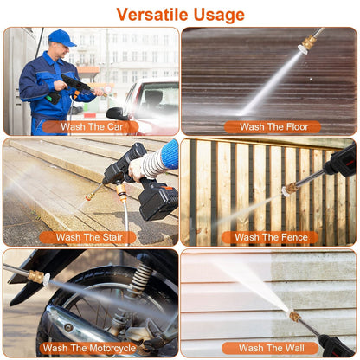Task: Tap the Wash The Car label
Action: coord(90,126)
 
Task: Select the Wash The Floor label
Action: coord(272,126)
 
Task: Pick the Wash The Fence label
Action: coord(270,237)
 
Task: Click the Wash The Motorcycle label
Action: coord(89,348)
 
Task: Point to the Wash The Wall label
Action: coord(270,348)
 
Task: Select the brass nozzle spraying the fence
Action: coord(292,187)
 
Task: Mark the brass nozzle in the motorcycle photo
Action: coord(37,277)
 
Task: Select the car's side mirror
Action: coord(116,112)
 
